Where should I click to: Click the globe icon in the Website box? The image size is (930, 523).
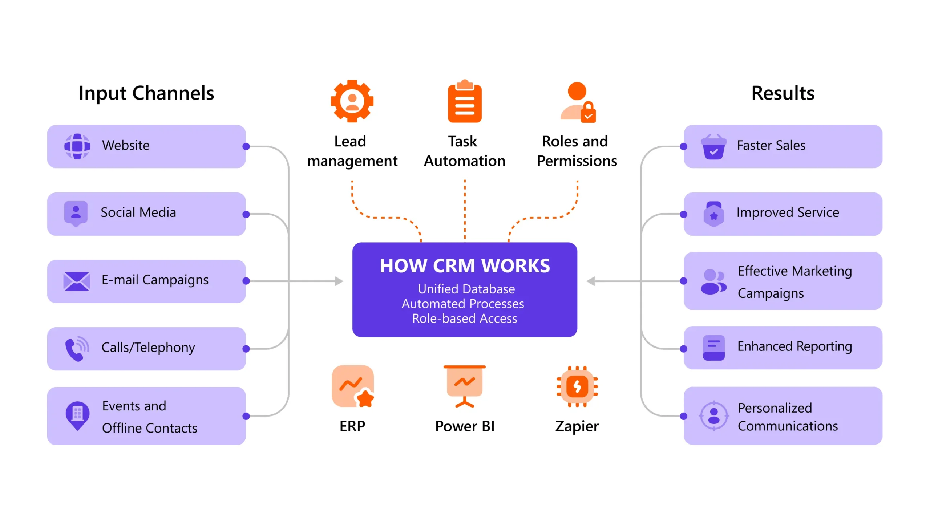pos(77,146)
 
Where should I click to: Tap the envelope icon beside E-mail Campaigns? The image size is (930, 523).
pos(77,281)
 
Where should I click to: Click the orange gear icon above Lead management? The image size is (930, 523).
pos(352,101)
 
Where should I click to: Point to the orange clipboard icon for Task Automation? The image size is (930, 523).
pos(465,102)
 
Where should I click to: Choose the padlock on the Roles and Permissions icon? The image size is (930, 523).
pos(588,113)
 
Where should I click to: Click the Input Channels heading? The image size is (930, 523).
pos(146,93)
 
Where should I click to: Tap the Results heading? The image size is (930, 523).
pos(783,93)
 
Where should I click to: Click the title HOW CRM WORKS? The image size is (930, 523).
pos(465,266)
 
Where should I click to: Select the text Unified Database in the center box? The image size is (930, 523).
pos(466,289)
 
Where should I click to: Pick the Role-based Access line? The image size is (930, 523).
pos(465,319)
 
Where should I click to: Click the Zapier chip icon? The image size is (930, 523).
pos(577,386)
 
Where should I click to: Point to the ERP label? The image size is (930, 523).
pos(352,426)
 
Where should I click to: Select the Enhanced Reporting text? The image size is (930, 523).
pos(794,346)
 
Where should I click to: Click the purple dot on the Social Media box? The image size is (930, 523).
pos(246,214)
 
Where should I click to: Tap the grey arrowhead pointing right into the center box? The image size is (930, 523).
pos(339,281)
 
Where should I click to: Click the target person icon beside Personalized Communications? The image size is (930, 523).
pos(713,415)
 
